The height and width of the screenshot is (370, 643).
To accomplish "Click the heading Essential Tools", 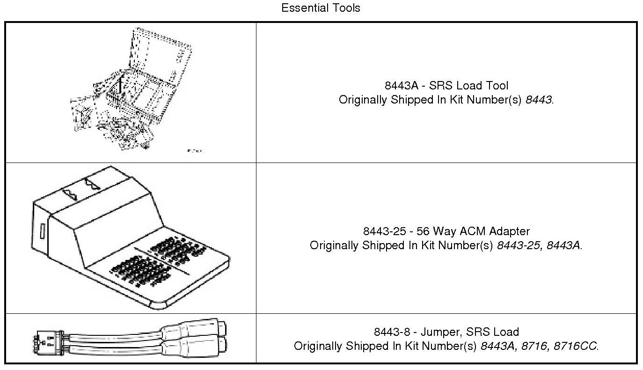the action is [321, 8].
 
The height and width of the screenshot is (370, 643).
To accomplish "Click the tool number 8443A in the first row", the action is [402, 86].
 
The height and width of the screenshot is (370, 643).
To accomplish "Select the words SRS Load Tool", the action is [468, 86].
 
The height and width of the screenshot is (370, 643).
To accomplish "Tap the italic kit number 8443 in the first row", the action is [538, 100].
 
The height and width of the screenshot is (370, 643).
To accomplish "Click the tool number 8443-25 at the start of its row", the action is [384, 231].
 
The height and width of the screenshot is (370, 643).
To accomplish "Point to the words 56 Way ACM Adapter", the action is [473, 231].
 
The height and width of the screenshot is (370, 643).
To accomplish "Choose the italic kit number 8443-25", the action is [519, 245].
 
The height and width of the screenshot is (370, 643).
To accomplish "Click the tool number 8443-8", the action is [392, 332].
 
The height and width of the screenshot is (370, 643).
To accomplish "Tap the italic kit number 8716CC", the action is [575, 346].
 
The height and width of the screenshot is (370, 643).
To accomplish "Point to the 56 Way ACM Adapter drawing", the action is [131, 237].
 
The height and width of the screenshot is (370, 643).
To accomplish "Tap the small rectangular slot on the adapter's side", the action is [43, 231].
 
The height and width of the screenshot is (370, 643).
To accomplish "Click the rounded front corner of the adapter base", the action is [159, 305].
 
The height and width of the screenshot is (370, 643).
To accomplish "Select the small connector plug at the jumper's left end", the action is [47, 343].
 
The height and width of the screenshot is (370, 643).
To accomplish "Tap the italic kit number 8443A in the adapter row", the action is [563, 245].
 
